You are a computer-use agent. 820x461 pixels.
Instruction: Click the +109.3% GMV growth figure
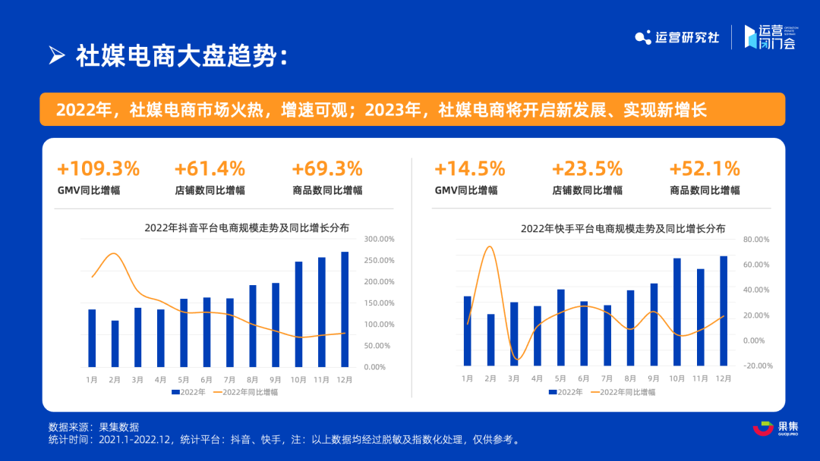(99, 168)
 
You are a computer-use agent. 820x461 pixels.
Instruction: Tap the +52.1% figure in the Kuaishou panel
(704, 168)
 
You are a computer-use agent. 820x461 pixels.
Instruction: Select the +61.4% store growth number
(210, 168)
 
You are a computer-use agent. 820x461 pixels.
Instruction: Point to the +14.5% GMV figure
(469, 168)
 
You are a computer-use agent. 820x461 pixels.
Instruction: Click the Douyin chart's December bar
(345, 309)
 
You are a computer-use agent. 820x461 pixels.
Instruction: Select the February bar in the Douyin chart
(115, 343)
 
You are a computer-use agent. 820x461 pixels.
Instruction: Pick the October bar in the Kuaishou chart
(676, 312)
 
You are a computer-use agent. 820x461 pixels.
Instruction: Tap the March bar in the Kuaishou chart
(514, 334)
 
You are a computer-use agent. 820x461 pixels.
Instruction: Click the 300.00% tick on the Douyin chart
(379, 239)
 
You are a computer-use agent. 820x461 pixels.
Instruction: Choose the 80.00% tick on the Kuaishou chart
(757, 240)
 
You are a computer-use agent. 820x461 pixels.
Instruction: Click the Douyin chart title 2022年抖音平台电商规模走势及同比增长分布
(247, 227)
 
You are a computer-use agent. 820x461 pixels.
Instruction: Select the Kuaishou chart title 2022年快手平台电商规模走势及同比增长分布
(623, 227)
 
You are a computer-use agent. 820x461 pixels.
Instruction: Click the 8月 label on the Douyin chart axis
(253, 378)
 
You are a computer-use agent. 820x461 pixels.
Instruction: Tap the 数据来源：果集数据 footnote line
(93, 427)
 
